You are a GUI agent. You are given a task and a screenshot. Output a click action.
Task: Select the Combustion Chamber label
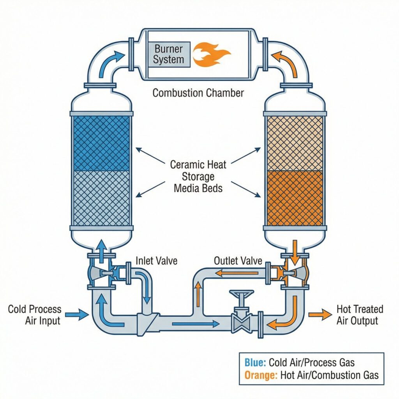click(x=198, y=93)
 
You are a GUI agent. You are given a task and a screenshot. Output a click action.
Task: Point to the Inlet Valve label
click(x=156, y=261)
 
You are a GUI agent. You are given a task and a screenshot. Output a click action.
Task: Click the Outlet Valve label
click(x=238, y=261)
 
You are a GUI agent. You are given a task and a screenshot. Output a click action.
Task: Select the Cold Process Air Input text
click(x=35, y=315)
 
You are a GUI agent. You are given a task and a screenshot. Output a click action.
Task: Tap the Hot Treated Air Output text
click(x=360, y=315)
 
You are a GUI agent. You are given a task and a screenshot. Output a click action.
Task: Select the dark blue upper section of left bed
click(x=101, y=143)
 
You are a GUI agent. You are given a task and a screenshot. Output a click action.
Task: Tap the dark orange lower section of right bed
click(x=294, y=198)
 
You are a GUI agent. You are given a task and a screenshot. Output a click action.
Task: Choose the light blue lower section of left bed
click(x=101, y=198)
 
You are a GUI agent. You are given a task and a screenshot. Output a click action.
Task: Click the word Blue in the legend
click(x=255, y=362)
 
